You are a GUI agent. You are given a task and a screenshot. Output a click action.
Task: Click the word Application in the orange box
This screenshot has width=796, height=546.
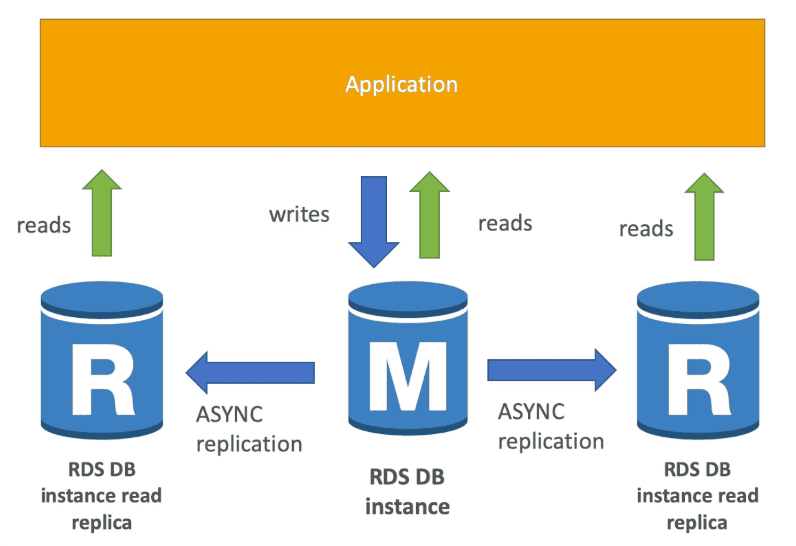pos(401,84)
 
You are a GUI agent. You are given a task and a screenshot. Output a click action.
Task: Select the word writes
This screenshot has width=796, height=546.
pos(299,214)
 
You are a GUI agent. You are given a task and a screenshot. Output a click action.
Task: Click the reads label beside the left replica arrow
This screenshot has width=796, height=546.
pos(44,225)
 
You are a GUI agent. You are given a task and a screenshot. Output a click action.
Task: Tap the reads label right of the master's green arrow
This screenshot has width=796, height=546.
pos(505,223)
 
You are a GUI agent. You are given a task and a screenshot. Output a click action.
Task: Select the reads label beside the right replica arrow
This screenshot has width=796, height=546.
pos(646,229)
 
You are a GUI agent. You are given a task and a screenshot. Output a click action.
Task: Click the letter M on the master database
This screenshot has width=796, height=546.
pos(407,376)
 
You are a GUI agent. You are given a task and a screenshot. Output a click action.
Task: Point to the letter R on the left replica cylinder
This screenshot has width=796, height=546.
pos(103,379)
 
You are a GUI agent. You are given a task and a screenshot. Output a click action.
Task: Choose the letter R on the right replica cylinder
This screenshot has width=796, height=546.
pos(698,379)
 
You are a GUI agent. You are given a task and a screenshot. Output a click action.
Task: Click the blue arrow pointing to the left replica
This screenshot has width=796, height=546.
pos(250,372)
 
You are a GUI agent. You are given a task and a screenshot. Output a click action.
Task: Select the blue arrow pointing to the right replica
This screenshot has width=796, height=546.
pos(551,370)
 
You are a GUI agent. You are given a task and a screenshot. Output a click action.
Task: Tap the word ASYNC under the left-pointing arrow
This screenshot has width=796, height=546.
pos(229,414)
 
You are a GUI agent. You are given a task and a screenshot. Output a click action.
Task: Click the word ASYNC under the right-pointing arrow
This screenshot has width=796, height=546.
pos(531,411)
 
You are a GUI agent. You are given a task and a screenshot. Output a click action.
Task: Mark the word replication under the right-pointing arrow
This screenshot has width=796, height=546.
pos(551,442)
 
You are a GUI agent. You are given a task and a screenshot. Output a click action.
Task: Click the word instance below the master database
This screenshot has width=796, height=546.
pos(407,506)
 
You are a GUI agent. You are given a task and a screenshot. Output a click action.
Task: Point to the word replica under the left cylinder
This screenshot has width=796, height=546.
pos(102,523)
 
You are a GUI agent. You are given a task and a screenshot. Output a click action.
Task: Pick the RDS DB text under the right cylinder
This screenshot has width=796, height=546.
pos(697,469)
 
